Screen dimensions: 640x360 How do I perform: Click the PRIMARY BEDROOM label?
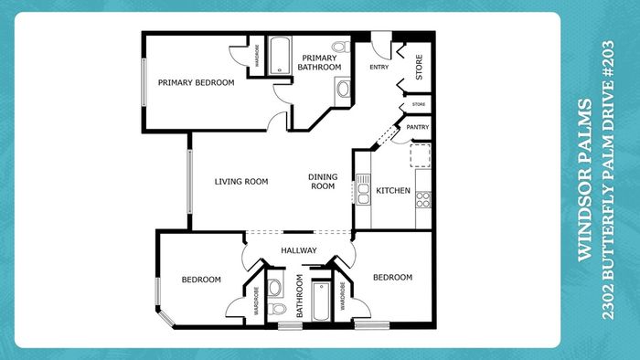tap(196, 82)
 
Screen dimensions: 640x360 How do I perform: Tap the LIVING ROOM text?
tap(241, 182)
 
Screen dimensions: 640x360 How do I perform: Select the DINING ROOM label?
tap(323, 182)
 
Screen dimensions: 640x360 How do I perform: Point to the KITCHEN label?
tap(393, 190)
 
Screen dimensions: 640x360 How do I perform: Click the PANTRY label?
tap(418, 127)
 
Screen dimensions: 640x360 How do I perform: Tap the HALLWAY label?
tap(299, 250)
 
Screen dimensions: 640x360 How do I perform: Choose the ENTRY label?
tap(379, 67)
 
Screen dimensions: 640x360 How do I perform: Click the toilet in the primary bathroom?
tap(341, 47)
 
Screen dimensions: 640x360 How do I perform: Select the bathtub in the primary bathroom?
tap(280, 56)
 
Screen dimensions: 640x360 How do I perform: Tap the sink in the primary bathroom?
tap(343, 90)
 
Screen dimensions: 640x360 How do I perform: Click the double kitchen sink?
tap(363, 189)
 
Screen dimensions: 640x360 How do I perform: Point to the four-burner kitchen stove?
tap(423, 200)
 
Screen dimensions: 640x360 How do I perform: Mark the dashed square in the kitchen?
tap(421, 155)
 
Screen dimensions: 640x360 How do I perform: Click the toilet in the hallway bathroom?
tap(277, 309)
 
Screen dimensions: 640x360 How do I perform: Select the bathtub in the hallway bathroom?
tap(321, 301)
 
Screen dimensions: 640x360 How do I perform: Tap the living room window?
tap(189, 182)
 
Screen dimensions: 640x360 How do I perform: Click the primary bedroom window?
tap(144, 82)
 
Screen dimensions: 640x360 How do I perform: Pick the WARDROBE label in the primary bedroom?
tap(257, 56)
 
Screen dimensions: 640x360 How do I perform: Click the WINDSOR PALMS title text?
tap(585, 180)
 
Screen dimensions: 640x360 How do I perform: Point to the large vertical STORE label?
tap(419, 67)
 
